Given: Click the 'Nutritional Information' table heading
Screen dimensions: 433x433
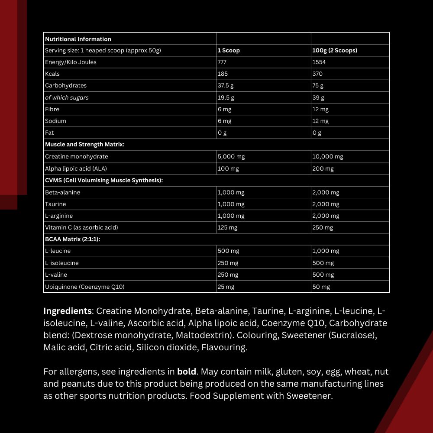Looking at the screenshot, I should coord(78,39).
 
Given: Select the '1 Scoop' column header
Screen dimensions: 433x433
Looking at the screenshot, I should coord(229,51).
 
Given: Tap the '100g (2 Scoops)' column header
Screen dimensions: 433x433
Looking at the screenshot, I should coord(335,51).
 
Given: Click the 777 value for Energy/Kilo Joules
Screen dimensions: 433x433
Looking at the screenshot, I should coord(223,62).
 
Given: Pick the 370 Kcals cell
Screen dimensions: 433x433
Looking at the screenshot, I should coord(317,74).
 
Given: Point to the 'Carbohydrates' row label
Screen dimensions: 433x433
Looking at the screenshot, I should coord(66,86).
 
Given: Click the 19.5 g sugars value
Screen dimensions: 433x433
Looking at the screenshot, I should coord(226,97).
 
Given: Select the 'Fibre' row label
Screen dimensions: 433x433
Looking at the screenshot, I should coord(52,110).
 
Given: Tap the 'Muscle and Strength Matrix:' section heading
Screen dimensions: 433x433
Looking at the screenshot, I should coord(84,145).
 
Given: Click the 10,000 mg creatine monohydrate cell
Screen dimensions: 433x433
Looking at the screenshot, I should coord(327,156).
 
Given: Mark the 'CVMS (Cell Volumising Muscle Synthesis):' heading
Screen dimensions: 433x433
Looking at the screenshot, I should coord(104,180).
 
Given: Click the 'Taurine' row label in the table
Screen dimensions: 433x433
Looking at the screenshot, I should coord(55,204).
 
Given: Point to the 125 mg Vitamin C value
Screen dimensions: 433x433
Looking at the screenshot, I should coord(227,227).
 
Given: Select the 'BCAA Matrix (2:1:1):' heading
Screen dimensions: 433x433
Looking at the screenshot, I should coord(72,239).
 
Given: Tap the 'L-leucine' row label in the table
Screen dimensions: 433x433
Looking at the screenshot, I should coord(58,251).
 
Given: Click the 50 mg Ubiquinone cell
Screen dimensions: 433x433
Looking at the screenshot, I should coord(321,287).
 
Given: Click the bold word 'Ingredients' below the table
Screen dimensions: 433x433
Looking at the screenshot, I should coord(68,311).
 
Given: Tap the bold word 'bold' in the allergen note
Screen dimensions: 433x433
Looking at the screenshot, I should coord(187,372).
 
